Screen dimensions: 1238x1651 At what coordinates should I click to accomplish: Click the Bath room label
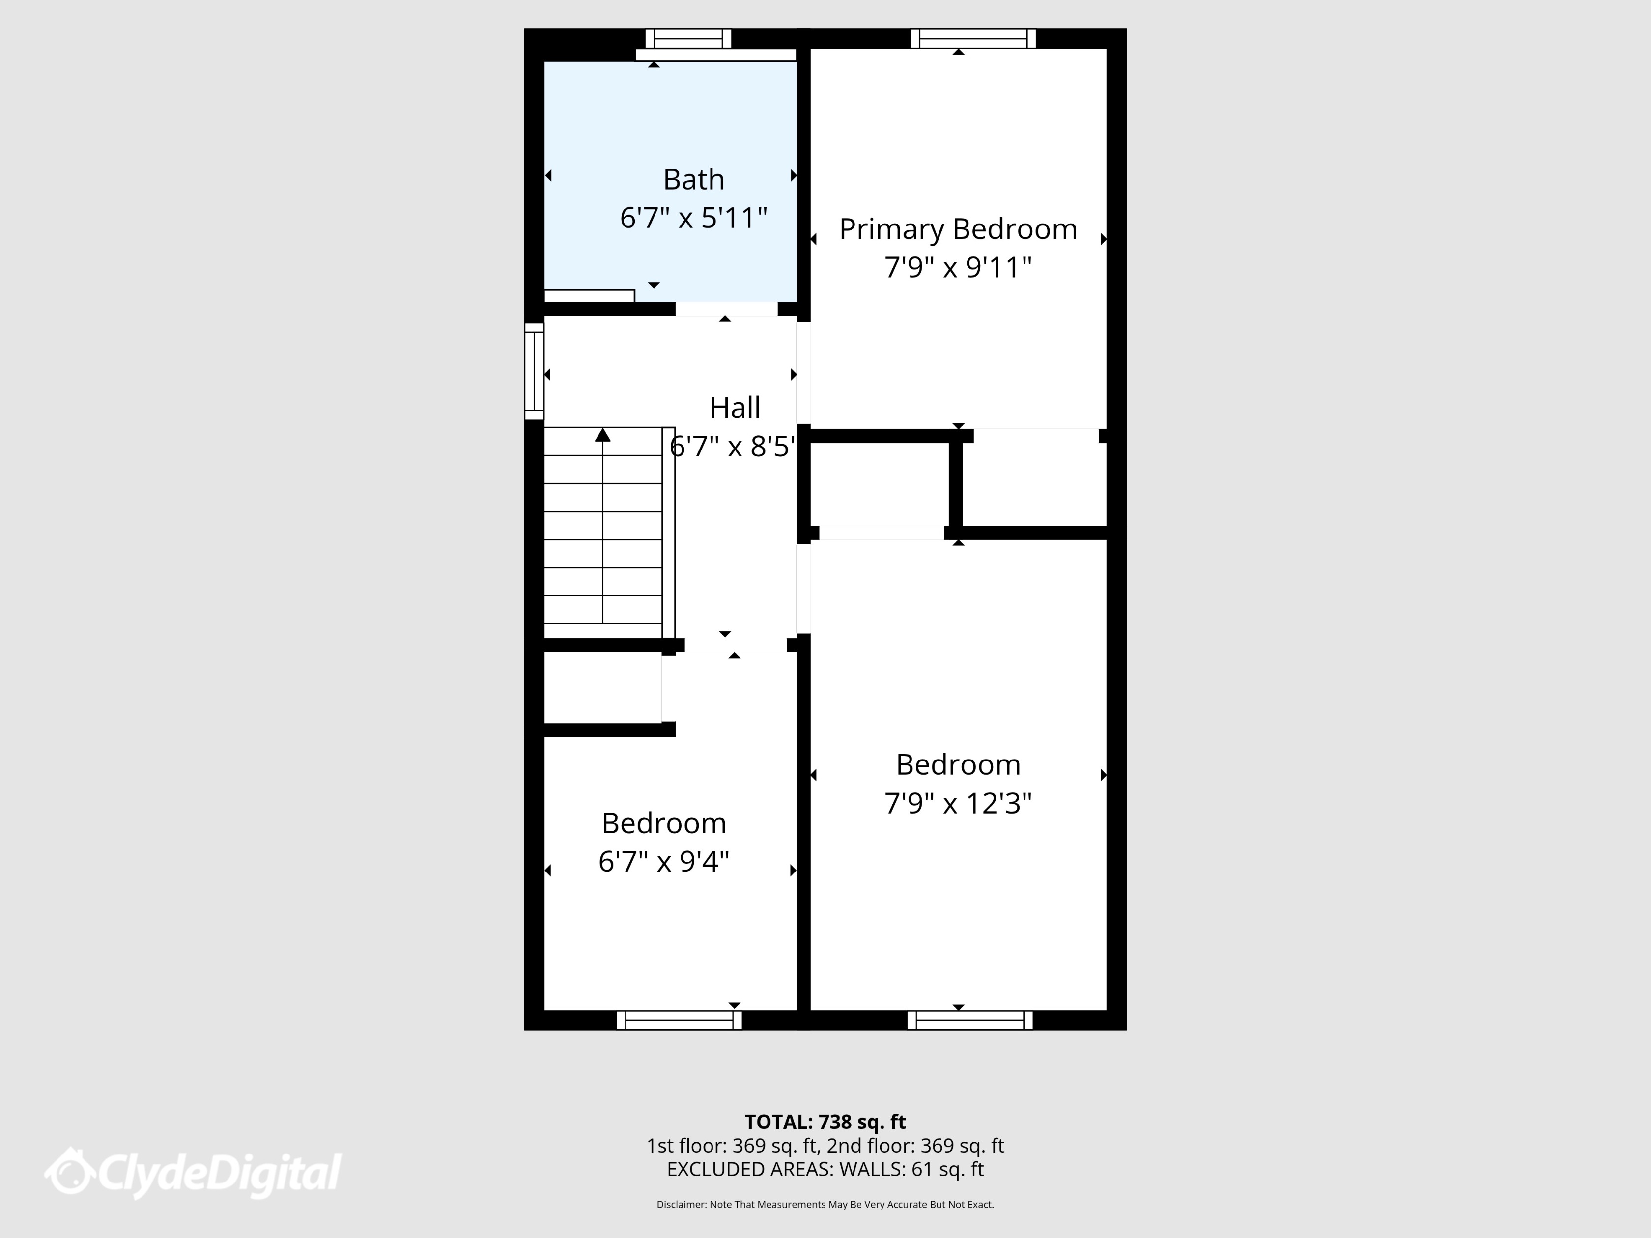click(x=693, y=180)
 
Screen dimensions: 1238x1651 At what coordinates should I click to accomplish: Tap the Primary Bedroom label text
click(x=958, y=229)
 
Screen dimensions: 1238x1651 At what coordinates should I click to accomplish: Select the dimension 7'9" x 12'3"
click(x=958, y=804)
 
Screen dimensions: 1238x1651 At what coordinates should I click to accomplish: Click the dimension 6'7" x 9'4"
click(x=663, y=862)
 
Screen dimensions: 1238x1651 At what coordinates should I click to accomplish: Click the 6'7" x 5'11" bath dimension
click(x=693, y=219)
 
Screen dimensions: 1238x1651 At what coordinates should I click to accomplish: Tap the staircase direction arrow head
click(x=602, y=435)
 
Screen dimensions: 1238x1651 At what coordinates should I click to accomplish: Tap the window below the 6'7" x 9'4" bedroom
click(x=679, y=1020)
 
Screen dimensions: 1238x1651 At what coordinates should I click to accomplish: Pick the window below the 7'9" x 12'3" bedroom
click(x=969, y=1020)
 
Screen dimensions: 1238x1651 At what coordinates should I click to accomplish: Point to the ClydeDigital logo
click(x=193, y=1173)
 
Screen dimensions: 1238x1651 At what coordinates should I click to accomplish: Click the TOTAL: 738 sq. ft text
click(x=825, y=1122)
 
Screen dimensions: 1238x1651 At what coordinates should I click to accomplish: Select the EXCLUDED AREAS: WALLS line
click(x=825, y=1169)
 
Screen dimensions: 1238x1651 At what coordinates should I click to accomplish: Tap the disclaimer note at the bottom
click(x=825, y=1205)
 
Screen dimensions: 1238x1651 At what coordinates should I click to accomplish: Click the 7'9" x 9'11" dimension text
click(x=958, y=268)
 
